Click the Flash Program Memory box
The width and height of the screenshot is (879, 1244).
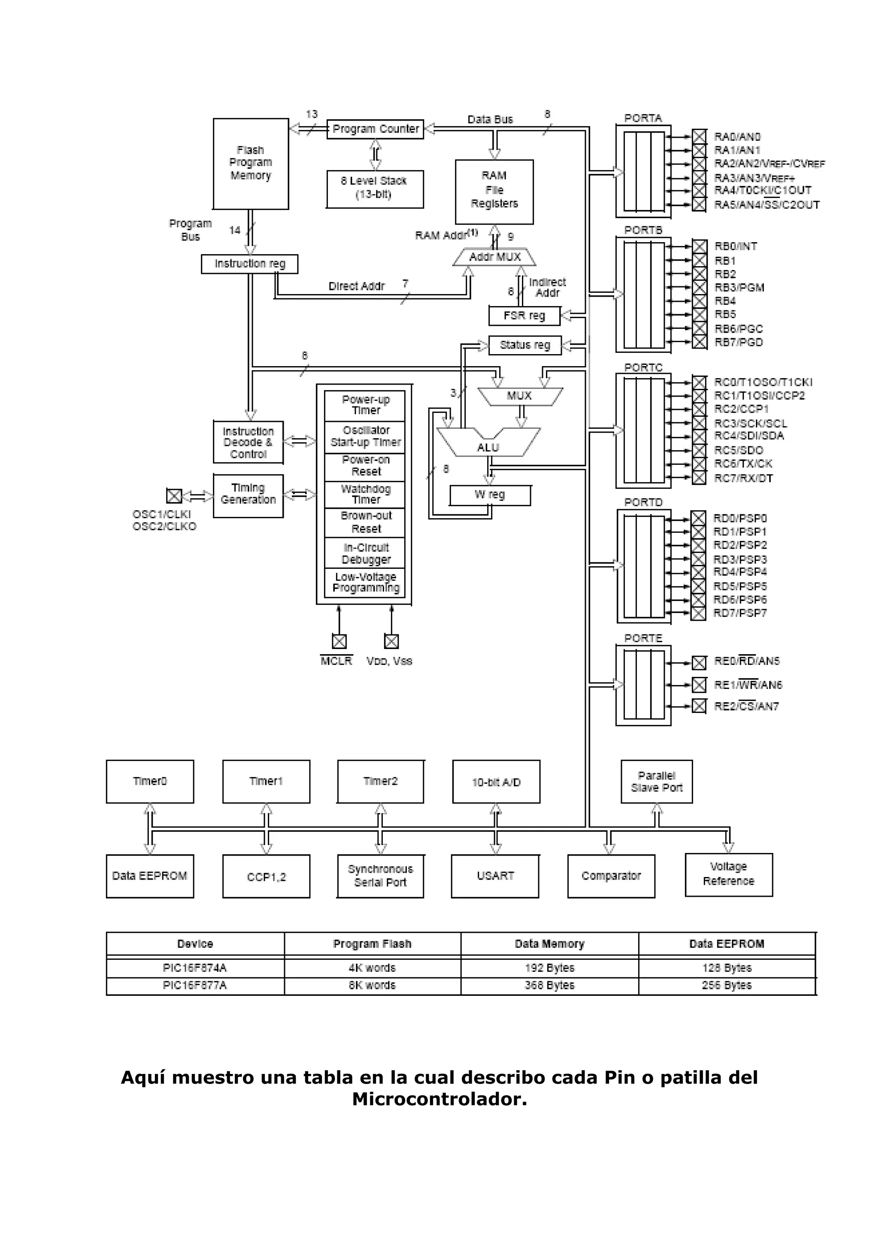click(251, 164)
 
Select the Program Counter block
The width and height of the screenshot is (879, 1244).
click(375, 129)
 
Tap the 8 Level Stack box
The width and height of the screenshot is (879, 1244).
click(375, 188)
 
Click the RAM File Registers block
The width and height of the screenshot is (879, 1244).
click(494, 191)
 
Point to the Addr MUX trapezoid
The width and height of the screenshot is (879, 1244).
click(494, 258)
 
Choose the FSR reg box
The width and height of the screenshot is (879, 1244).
click(524, 316)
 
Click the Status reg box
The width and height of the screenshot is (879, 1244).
click(524, 345)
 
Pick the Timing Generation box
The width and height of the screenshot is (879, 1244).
click(248, 495)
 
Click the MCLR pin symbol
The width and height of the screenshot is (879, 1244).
click(339, 641)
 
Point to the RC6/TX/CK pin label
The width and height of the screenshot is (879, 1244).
click(743, 464)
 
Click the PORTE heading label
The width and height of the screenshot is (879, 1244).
click(643, 638)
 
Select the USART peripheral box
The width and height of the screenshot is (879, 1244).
click(495, 876)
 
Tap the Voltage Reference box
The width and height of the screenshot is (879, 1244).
click(728, 874)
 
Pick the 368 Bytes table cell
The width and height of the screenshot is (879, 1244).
click(549, 986)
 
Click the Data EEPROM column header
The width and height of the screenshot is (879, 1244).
click(726, 944)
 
